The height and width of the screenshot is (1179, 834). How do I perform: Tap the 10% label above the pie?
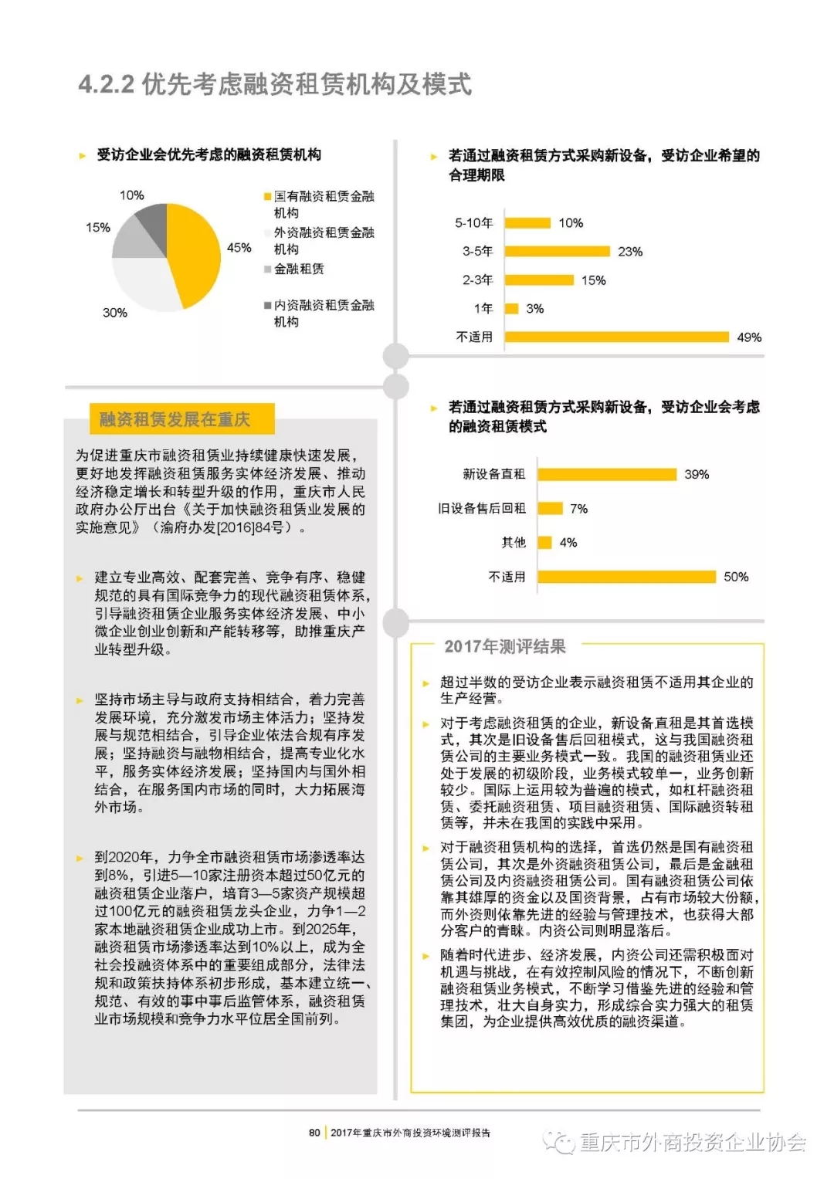131,195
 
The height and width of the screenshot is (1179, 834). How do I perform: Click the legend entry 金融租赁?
298,269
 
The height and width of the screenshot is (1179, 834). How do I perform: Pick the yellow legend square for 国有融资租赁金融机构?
267,197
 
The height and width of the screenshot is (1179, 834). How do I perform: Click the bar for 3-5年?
557,251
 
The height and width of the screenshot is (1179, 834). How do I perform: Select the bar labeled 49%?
616,337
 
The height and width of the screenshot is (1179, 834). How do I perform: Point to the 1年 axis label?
483,308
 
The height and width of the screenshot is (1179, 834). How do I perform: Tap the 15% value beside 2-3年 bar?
593,280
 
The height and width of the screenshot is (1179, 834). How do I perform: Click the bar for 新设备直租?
607,474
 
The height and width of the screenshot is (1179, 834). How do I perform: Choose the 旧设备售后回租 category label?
482,508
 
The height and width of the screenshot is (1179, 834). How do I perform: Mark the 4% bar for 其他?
544,542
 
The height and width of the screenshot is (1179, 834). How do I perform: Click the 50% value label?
736,577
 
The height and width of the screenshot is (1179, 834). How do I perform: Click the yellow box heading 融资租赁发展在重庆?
175,419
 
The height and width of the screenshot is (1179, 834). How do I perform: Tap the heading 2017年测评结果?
504,646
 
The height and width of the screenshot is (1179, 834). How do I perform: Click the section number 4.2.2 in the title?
107,84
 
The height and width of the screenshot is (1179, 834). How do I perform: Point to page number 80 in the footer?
314,1133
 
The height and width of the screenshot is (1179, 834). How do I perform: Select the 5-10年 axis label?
473,223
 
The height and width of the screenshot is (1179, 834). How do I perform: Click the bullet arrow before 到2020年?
80,858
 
